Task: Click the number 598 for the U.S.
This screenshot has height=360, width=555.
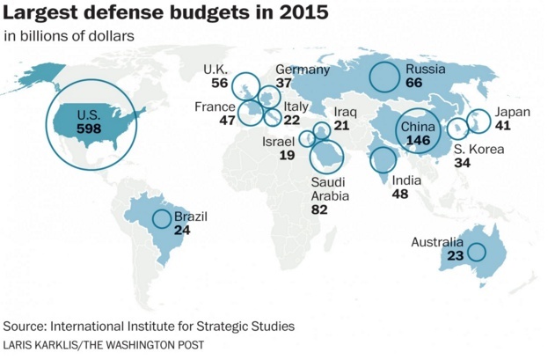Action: (89, 129)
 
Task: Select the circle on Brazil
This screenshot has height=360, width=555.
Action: (161, 220)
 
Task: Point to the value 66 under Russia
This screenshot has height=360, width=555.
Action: (414, 83)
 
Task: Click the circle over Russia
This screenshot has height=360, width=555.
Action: (384, 77)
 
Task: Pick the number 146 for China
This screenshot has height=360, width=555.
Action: (418, 141)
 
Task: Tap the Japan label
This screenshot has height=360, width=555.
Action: (512, 112)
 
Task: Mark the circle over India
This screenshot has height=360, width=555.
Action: (383, 160)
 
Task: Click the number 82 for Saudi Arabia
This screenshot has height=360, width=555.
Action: (321, 210)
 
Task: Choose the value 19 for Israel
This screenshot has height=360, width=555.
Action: (287, 156)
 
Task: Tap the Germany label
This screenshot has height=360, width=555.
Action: (303, 70)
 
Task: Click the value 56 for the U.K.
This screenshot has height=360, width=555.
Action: (220, 83)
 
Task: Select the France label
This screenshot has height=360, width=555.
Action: (215, 107)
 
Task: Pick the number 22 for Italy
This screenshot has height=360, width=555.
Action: (292, 121)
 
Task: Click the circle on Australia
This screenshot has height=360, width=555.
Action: (476, 253)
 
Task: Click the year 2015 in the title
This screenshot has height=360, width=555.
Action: (296, 15)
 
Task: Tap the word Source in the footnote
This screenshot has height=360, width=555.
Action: (26, 327)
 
